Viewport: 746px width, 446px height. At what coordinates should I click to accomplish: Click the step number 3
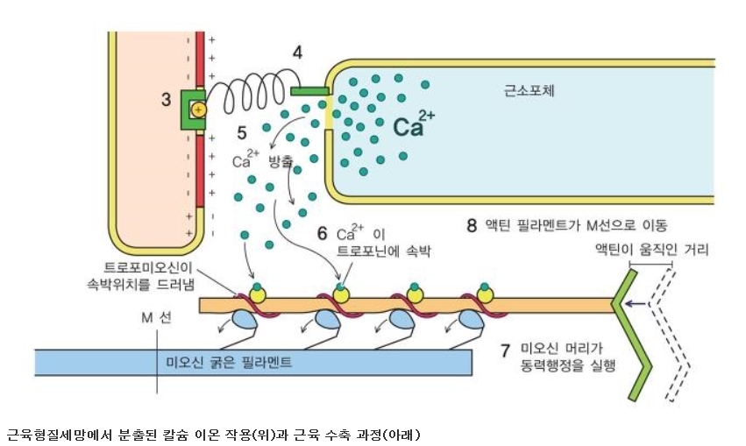tap(166, 100)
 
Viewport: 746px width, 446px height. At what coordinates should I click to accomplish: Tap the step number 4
tap(297, 53)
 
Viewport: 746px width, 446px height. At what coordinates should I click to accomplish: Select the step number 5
tap(242, 133)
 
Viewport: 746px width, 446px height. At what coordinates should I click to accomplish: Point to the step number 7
tap(505, 350)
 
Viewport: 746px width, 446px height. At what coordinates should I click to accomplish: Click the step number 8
tap(472, 225)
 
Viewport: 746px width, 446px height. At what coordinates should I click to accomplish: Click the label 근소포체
tap(529, 90)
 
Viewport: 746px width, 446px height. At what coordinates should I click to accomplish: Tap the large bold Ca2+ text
tap(414, 123)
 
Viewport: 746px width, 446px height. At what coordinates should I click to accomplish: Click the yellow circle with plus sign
tap(198, 110)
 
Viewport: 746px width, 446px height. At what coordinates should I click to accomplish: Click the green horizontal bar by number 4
tap(309, 91)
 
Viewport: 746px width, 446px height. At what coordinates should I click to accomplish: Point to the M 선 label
tap(157, 317)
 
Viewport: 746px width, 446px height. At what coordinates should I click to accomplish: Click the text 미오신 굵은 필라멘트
tap(229, 363)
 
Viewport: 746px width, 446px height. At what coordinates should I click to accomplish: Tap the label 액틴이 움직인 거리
tap(652, 249)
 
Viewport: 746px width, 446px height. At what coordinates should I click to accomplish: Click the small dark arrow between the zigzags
tap(636, 303)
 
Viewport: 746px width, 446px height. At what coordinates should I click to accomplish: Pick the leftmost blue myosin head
tap(244, 320)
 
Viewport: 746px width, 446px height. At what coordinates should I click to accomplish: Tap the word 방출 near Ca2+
tap(281, 161)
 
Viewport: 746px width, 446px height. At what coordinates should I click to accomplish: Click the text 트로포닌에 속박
tap(383, 251)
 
